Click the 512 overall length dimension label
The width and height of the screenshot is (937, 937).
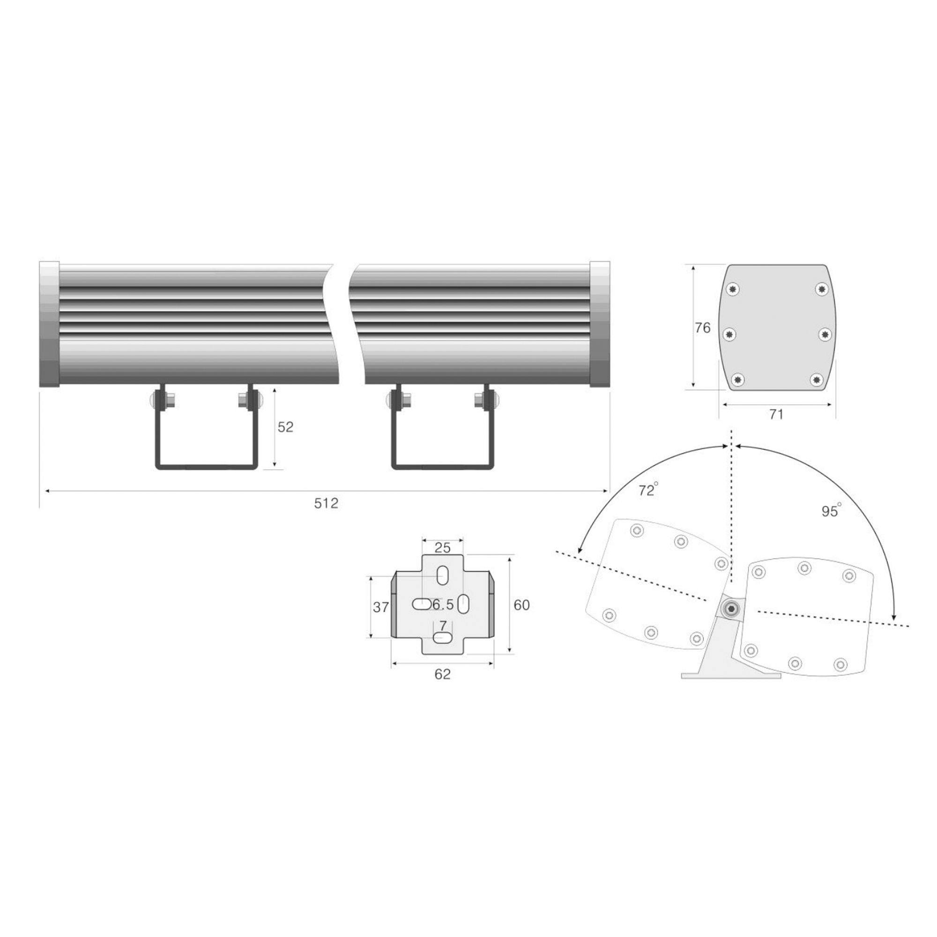pos(326,504)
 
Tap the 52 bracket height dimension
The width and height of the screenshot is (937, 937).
pos(286,427)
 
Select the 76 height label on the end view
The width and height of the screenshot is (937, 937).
pos(703,328)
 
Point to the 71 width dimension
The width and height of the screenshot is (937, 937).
pos(776,414)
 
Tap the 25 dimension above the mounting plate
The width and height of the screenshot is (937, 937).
pos(442,548)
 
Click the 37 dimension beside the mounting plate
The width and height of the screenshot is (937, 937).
pos(381,607)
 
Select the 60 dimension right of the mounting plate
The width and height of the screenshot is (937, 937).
pos(522,605)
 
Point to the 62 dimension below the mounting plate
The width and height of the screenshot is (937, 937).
pos(442,674)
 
